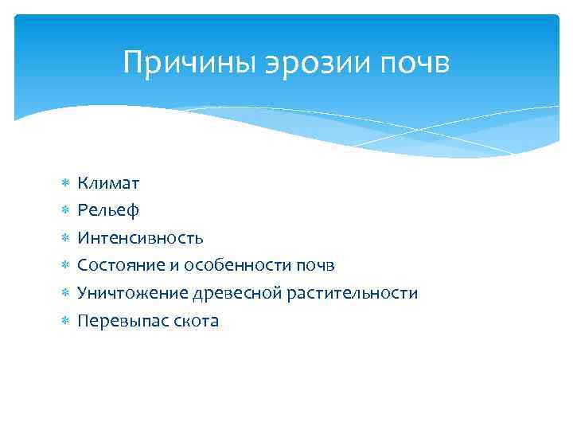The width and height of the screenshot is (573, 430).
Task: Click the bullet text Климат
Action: [x=108, y=183]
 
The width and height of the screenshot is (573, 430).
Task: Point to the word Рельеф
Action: [x=108, y=210]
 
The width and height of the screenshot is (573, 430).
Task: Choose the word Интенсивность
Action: [x=140, y=237]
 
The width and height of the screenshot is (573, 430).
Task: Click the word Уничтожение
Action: [x=132, y=293]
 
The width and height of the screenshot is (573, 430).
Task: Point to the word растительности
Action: [x=353, y=293]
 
